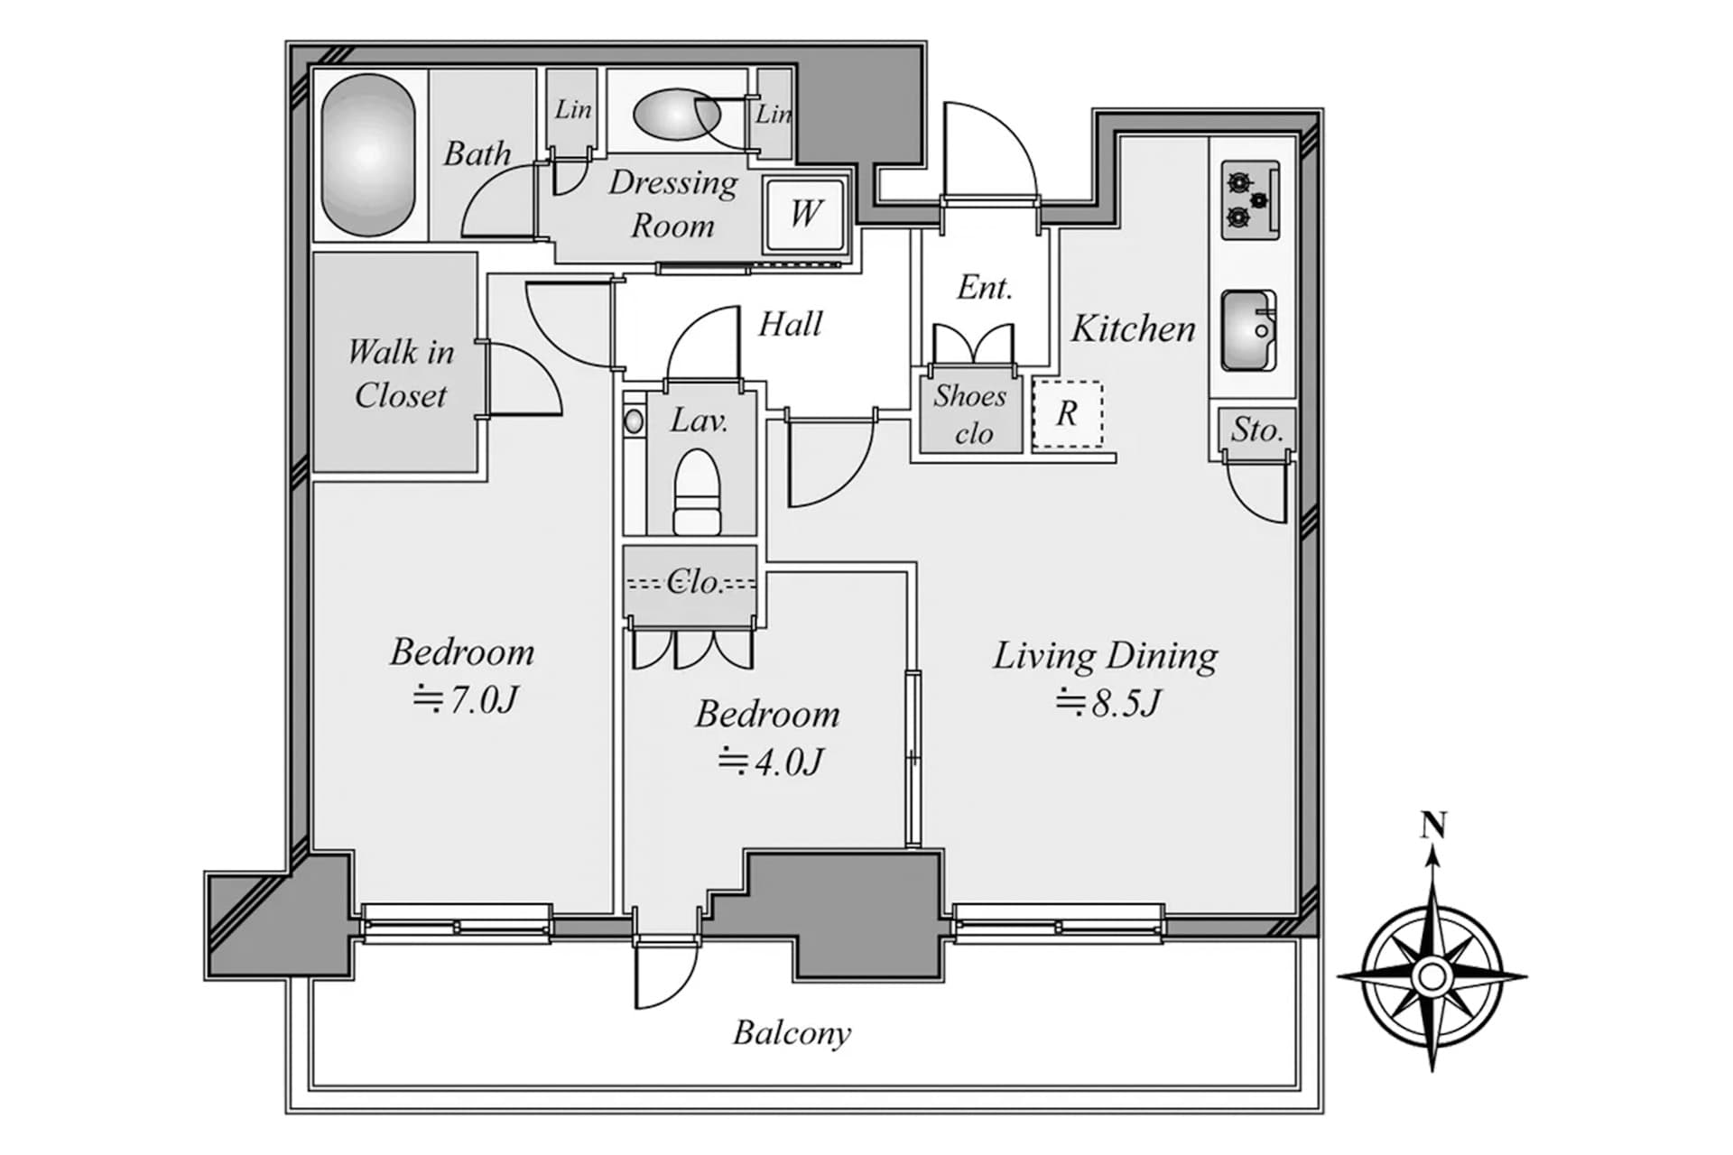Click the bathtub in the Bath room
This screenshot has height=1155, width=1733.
[x=369, y=155]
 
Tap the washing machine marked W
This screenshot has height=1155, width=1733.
[x=806, y=214]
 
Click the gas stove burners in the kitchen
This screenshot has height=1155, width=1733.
[x=1250, y=200]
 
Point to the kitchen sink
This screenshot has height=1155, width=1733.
[x=1249, y=331]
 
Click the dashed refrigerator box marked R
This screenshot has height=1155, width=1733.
[x=1068, y=414]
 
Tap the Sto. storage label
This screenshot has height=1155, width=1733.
[x=1256, y=430]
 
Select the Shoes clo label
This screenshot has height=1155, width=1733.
[x=971, y=414]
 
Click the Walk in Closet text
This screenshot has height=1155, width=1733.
[x=401, y=374]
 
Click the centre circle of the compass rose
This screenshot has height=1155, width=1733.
[x=1432, y=975]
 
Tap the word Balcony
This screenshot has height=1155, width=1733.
[x=792, y=1033]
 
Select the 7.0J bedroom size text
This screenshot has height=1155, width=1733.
[x=466, y=699]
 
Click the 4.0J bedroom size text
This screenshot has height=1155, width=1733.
[x=771, y=762]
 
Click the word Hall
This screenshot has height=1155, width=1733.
[x=791, y=324]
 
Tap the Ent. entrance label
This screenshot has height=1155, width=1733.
[x=985, y=288]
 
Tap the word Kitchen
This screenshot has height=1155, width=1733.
[x=1133, y=328]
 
